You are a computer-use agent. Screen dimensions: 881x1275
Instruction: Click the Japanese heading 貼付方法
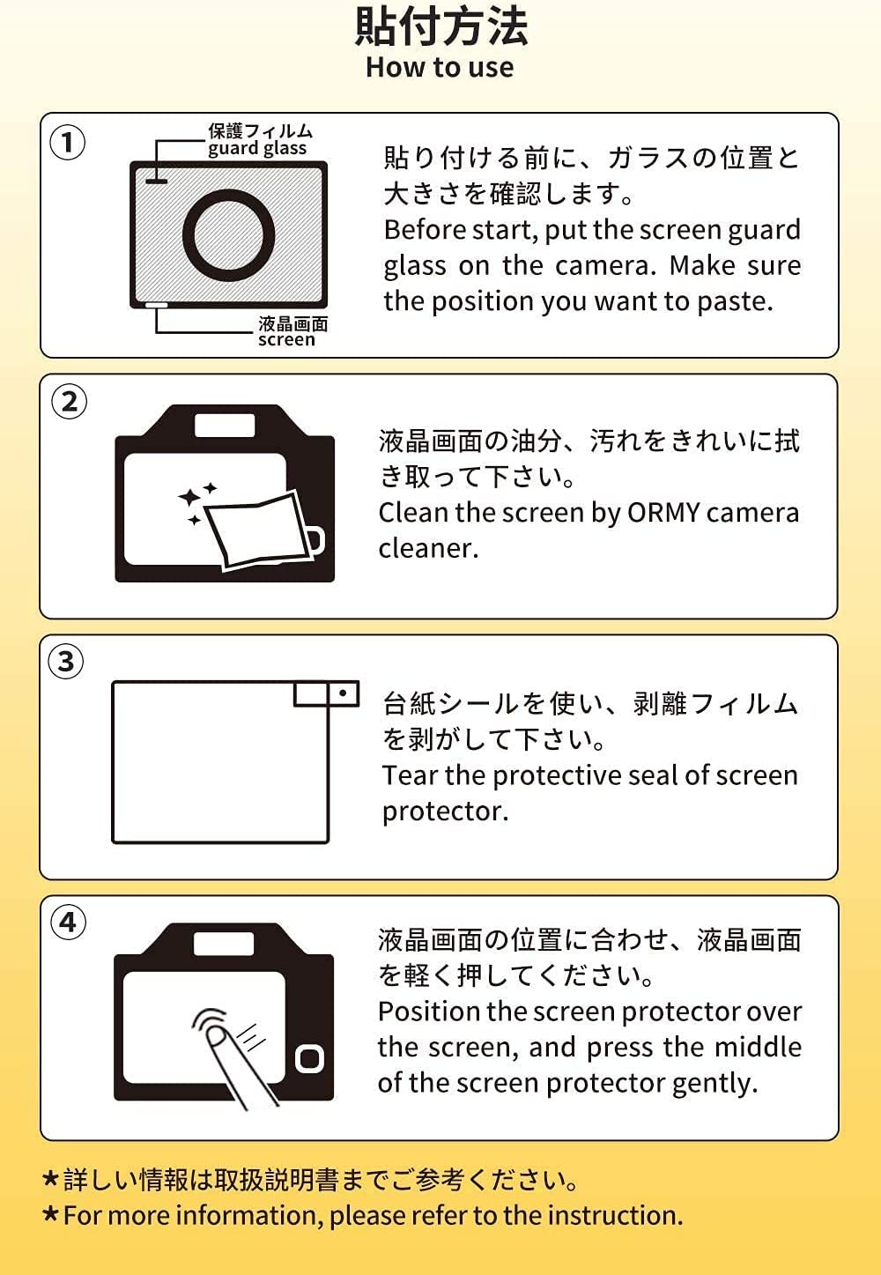tap(441, 26)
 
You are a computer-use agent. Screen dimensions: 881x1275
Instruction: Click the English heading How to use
tap(440, 67)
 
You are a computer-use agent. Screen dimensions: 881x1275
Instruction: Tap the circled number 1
tap(68, 142)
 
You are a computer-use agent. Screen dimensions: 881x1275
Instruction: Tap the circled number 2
tap(69, 402)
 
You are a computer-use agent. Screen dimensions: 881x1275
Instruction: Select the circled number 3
tap(66, 662)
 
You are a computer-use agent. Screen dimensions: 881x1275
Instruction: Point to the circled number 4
tap(69, 922)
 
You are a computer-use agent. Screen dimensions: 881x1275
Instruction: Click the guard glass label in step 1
tap(257, 149)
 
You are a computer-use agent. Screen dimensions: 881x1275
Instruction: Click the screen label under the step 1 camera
tap(286, 340)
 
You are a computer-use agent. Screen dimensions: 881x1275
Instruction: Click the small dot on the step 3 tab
tap(343, 693)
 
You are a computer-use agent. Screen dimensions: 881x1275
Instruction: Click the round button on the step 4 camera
tap(309, 1059)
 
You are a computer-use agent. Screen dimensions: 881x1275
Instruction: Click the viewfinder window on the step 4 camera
tap(224, 945)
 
